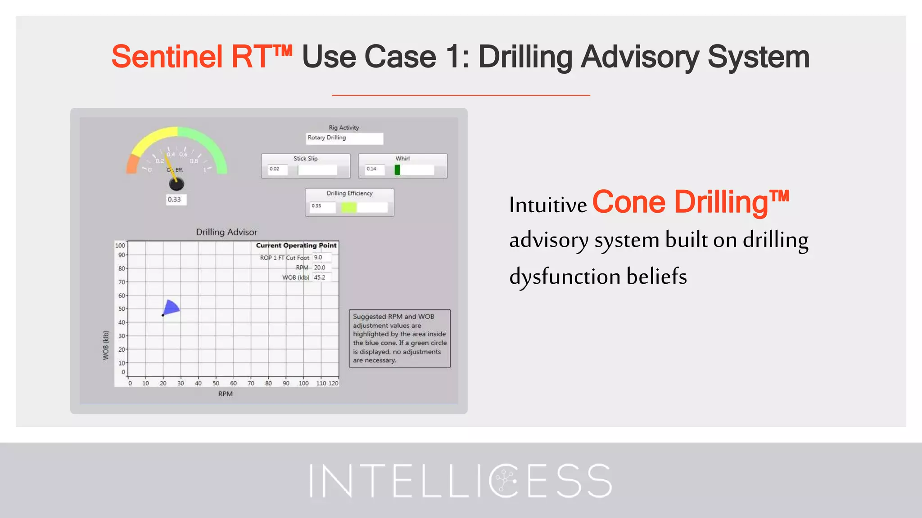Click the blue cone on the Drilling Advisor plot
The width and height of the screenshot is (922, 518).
pos(171,308)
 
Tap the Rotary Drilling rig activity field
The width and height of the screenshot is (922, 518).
pos(344,138)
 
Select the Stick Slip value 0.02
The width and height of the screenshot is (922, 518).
pos(277,169)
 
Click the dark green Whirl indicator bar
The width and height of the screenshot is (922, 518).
pos(397,170)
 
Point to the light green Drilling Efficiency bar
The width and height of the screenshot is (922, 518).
pos(349,207)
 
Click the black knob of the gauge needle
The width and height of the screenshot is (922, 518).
pos(176,183)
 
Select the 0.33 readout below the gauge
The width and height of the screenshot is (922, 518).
pos(175,199)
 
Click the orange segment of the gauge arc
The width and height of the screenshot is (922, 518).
pos(132,165)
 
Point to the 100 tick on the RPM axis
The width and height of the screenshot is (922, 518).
pos(303,383)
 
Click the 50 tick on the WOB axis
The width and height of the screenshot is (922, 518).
pos(122,309)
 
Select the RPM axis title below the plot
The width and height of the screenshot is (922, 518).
pos(225,394)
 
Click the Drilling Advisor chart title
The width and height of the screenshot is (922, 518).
pos(226,232)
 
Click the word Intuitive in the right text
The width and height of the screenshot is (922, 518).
pos(548,205)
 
